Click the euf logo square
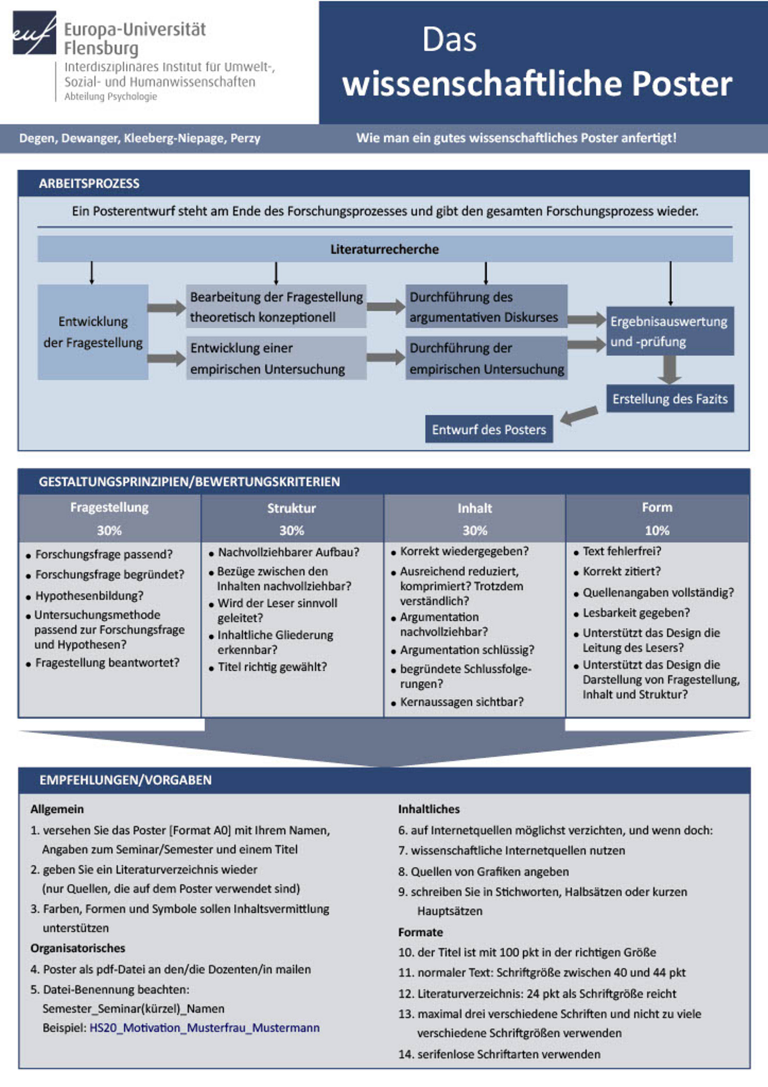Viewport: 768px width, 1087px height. coord(34,33)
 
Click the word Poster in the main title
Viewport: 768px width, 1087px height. coord(682,84)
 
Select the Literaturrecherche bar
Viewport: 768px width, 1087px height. coord(385,249)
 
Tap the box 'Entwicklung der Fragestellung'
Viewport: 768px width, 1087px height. coord(93,332)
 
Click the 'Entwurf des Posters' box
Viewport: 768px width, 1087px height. coord(489,429)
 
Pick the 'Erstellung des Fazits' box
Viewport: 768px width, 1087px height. coord(670,399)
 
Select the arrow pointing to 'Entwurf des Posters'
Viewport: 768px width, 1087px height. coord(579,415)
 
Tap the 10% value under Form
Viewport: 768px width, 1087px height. coord(657,530)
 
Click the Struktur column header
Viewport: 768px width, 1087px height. coord(291,508)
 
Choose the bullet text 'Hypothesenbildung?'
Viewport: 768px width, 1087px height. coord(89,596)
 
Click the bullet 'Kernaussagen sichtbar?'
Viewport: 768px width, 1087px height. coord(462,702)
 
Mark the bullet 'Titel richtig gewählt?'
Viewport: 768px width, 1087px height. coord(272,667)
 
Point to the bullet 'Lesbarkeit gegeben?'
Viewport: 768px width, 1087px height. coord(636,613)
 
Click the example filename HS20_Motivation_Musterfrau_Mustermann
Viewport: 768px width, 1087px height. coord(205,1028)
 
